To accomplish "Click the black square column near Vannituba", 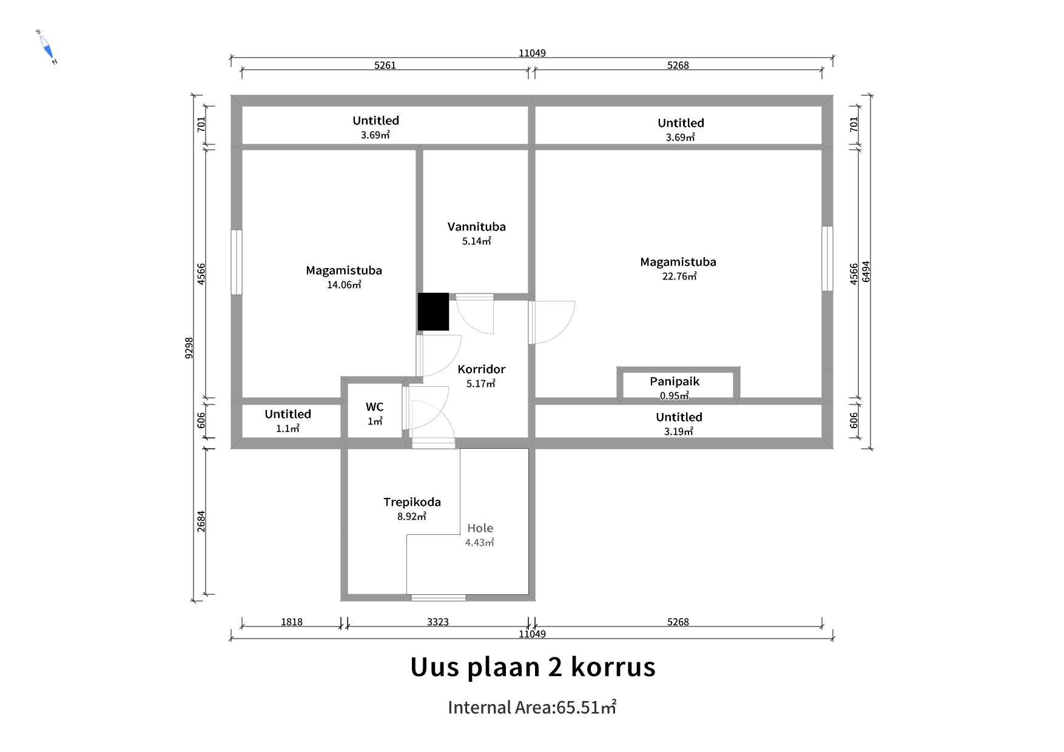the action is coord(433,312).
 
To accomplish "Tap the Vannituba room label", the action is coord(476,227).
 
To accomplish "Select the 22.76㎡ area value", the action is coord(679,276).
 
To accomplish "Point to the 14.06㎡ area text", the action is coord(344,284).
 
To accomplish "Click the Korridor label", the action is coord(481,369).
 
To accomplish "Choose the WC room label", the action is coord(374,407).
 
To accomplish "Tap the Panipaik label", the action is coord(675,381).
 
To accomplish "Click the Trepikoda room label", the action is coord(412,502).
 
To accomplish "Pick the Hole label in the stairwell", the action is coord(480,528).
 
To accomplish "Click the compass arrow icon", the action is coord(47,47).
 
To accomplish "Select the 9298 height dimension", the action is coord(189,348).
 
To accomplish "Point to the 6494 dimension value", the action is coord(866,272).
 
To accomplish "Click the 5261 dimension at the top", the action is coord(385,65).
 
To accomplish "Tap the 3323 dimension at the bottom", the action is coord(438,622).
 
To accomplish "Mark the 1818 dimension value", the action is coord(292,622).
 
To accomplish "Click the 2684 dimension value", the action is coord(201,522).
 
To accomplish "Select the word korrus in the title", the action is coord(613,666).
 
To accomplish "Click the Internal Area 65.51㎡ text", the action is coord(532,707).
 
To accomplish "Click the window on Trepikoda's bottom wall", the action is coord(439,598).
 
